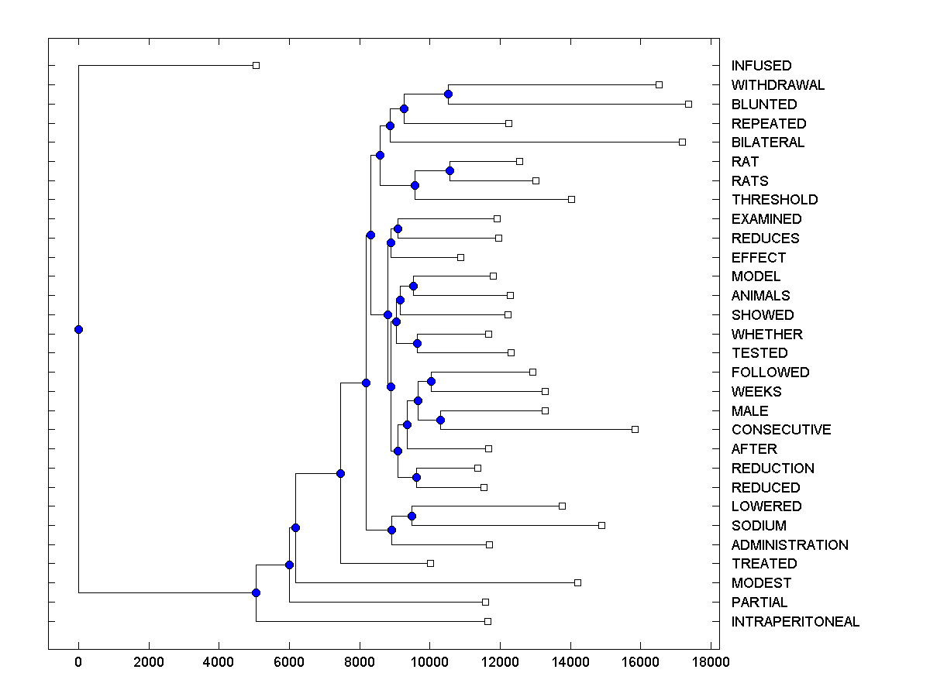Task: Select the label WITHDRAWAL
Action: [778, 85]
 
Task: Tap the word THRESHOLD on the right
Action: [774, 200]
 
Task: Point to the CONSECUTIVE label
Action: [780, 430]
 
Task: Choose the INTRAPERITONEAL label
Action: [795, 622]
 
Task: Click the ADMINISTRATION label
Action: [790, 545]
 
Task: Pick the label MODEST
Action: [761, 583]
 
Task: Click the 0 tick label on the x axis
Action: [78, 663]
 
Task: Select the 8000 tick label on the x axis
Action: [360, 663]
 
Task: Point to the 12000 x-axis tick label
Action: [500, 663]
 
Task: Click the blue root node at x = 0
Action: [78, 329]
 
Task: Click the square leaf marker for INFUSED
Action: [257, 66]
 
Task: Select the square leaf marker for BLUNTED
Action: [688, 104]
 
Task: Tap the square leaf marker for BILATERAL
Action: [682, 142]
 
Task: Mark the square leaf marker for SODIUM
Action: [601, 525]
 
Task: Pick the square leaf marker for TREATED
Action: [430, 563]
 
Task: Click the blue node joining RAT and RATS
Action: [449, 170]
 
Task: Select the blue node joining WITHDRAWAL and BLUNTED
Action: [448, 94]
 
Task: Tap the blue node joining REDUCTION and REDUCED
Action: [416, 477]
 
